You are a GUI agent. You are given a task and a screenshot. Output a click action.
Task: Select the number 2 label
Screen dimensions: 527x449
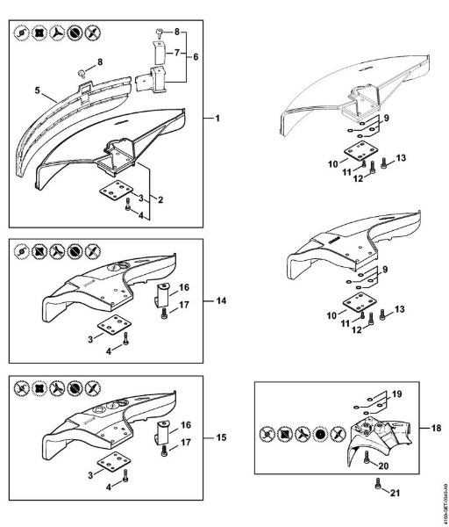coord(161,199)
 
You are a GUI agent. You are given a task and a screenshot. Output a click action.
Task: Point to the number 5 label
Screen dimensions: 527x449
coord(39,90)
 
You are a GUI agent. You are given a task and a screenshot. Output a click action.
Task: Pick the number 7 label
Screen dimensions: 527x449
coord(179,54)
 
